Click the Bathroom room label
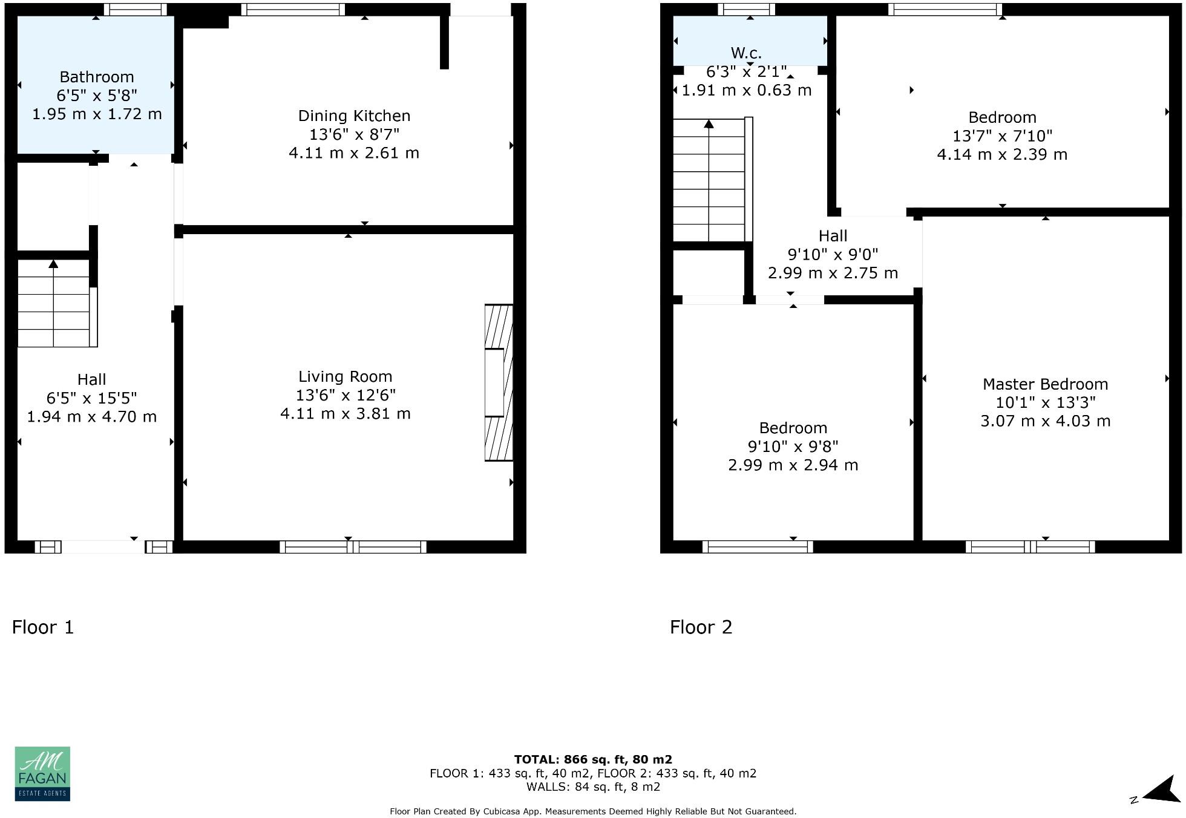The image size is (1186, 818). pos(97,77)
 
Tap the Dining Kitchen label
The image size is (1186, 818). pos(354,116)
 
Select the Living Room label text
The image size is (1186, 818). pos(345,376)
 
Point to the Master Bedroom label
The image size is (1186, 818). pos(1045,384)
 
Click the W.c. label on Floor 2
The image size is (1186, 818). pos(746,53)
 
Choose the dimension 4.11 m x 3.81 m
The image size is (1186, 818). pos(345,414)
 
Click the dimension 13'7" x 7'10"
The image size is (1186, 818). pos(1002,136)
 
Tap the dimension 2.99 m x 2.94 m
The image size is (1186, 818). pos(793,465)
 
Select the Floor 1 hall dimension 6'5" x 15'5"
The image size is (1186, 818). pos(91,398)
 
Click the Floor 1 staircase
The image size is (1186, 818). pos(54,303)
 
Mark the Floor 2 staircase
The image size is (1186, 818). pos(709,180)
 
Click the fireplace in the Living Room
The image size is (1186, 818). pos(499,382)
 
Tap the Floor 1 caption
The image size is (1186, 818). pos(43,627)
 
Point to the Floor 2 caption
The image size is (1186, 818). pos(701,627)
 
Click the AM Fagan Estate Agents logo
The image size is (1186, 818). pos(42,774)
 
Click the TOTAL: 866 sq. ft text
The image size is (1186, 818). pos(592,759)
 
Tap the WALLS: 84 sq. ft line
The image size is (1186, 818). pos(592,787)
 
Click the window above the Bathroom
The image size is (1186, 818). pos(135,9)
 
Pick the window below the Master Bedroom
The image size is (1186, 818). pos(1030,547)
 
